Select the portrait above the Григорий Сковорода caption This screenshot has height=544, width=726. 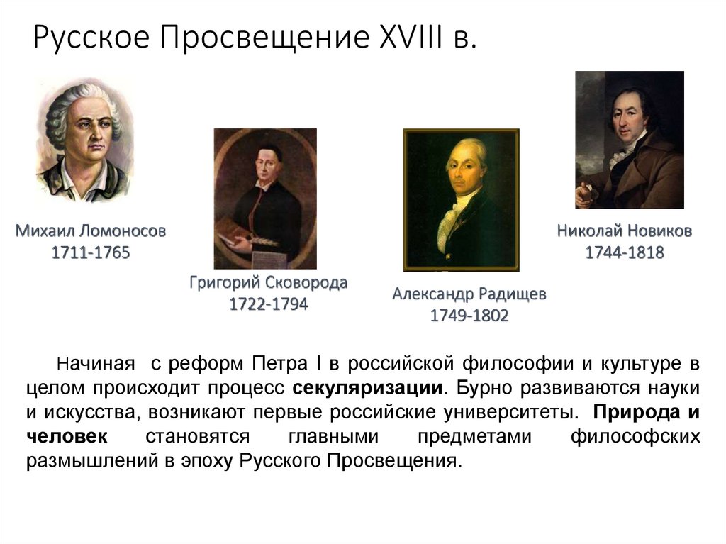[265, 198]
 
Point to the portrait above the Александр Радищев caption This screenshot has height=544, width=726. [461, 199]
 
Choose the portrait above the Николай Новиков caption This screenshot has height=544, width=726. [630, 140]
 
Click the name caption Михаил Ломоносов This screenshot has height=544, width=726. [90, 231]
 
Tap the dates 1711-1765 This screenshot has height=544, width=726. [90, 252]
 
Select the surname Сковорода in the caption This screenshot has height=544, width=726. [306, 283]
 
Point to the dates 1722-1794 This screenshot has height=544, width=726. [268, 304]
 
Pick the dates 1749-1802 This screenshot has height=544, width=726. [469, 316]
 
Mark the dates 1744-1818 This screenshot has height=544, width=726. [624, 252]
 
